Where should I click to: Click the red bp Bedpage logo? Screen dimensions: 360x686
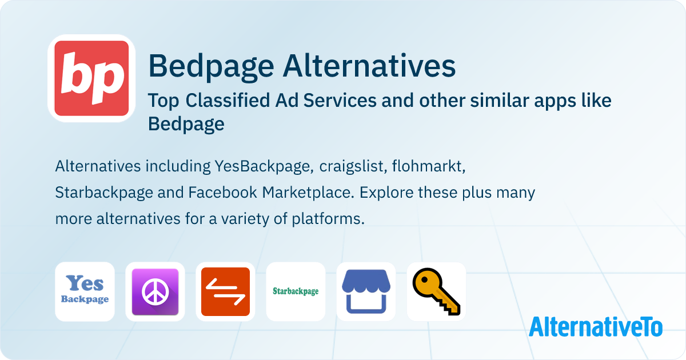point(91,78)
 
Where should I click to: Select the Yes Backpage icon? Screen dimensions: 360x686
point(85,291)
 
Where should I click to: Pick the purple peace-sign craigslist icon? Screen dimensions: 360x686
point(155,291)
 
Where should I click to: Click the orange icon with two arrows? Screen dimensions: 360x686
point(225,291)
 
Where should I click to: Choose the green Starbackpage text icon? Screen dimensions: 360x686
point(296,291)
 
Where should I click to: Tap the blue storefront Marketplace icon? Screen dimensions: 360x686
point(366,291)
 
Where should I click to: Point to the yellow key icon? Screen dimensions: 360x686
point(436,291)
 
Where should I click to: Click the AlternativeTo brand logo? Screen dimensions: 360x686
point(596,326)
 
